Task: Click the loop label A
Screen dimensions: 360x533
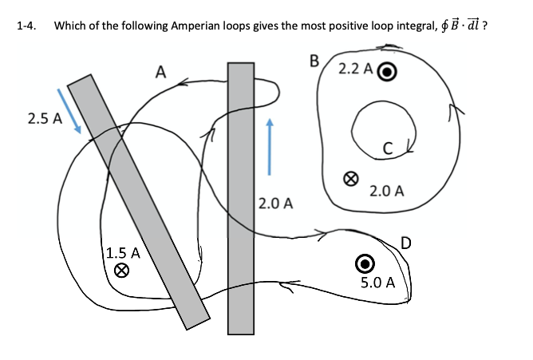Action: point(160,73)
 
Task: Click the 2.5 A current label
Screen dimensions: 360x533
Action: point(45,120)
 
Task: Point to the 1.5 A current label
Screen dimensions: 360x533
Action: point(124,253)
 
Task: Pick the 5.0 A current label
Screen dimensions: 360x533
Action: point(377,282)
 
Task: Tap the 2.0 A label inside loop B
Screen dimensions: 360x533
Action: point(387,191)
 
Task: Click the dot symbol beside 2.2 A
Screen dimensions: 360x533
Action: point(387,70)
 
